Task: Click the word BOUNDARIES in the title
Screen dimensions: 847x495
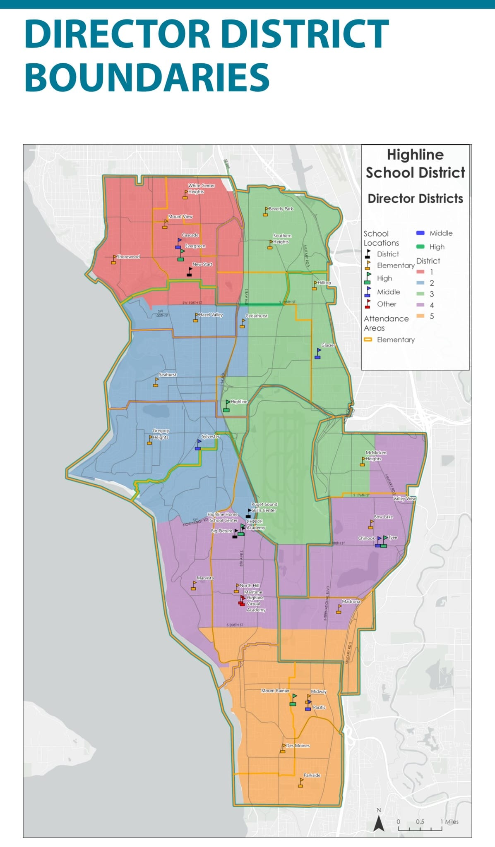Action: coord(147,77)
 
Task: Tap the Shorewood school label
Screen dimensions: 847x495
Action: coord(128,257)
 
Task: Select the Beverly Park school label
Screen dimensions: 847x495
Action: coord(281,209)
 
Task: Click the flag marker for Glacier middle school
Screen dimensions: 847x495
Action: coord(318,354)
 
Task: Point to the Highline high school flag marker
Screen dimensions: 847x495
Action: coord(227,406)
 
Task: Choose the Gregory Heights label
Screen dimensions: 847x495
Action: coord(161,434)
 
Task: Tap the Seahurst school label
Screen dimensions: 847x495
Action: coord(168,375)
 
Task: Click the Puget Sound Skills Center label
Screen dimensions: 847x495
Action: coord(264,507)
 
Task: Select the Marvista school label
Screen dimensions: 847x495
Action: coord(205,578)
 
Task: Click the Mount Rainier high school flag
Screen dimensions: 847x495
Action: coord(293,700)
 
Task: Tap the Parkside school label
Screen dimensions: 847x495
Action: coord(312,775)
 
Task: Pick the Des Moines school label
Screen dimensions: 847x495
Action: coord(298,745)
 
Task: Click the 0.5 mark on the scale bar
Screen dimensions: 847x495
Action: coord(420,821)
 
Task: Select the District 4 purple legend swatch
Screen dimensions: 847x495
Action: coord(420,305)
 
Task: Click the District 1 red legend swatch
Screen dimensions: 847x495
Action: coord(420,272)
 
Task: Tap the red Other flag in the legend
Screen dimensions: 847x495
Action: coord(368,304)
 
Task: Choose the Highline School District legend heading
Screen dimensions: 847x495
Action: coord(415,163)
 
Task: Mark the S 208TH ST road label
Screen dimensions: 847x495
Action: coord(235,625)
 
